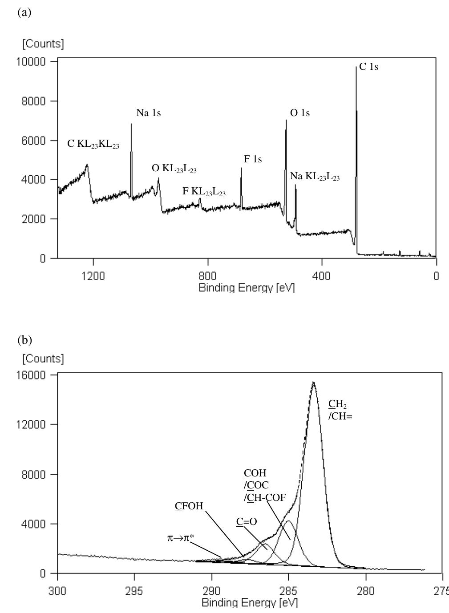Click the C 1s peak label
pos(368,67)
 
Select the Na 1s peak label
pos(148,113)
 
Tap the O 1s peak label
pos(300,113)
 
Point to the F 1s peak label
pos(253,159)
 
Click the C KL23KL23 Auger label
pos(93,144)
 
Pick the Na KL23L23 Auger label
pos(315,177)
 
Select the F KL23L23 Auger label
pos(204,192)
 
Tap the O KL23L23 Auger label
pos(174,169)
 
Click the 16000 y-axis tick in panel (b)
pos(34,375)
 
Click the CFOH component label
pos(189,506)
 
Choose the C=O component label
pos(247,522)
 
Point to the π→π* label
pos(180,538)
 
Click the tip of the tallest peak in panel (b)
pos(313,382)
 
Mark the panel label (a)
pos(24,12)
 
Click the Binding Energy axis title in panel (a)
pos(247,288)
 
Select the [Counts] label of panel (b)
pos(43,358)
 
